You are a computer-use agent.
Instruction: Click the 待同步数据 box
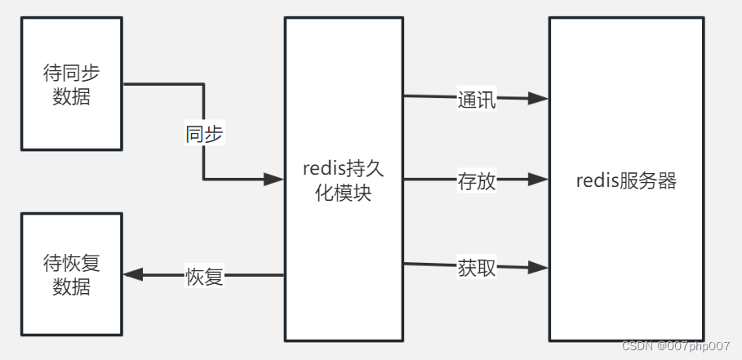(71, 84)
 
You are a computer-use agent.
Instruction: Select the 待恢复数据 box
(71, 274)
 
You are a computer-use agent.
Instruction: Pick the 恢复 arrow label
(204, 276)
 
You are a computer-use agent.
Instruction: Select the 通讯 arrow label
(477, 100)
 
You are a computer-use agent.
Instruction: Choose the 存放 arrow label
(477, 180)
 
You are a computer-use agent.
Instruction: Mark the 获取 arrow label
(477, 267)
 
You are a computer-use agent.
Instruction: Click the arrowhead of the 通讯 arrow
(538, 99)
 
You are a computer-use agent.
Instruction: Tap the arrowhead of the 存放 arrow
(538, 180)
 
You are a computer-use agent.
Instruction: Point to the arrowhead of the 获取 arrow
(538, 267)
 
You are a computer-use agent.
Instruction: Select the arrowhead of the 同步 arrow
(273, 180)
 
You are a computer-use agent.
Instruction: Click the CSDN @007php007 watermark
(675, 346)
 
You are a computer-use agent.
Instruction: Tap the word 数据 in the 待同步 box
(71, 96)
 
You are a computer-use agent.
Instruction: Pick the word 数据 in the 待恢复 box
(71, 287)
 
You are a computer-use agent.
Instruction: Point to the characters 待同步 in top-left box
(71, 73)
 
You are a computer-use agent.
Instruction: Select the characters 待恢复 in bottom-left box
(71, 263)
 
